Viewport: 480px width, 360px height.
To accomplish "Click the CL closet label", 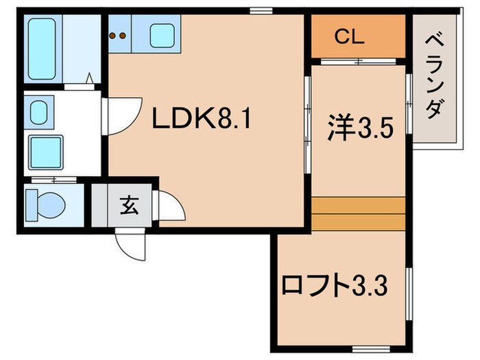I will tap(348, 38).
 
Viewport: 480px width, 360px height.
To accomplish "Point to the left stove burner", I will tap(114, 33).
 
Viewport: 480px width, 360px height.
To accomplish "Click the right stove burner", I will tap(123, 33).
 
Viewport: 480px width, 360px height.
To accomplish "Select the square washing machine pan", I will tap(45, 152).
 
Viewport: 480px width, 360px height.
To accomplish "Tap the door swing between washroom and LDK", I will tap(118, 115).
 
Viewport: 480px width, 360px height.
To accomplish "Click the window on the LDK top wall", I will tap(259, 10).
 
